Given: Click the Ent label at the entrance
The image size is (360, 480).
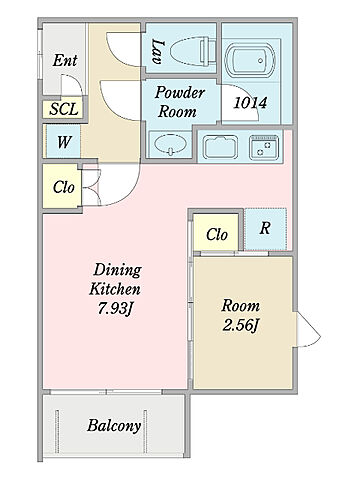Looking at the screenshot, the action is pos(65,60).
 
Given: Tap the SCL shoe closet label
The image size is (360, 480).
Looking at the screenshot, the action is pos(64,109).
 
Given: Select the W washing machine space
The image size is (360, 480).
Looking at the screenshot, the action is pos(63,141).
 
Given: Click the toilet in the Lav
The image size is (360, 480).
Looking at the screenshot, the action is pos(193,52).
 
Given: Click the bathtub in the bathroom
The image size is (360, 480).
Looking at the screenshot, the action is pos(250,60).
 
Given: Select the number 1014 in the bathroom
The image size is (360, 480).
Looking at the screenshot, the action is pos(250,103).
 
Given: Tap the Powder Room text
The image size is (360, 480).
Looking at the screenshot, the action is pos(179,102).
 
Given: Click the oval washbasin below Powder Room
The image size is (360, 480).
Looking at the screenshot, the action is pos(171,145).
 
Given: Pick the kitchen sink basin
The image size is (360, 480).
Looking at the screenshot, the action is pos(221,147).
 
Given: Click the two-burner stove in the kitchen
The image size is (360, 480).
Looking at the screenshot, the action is pos(264,147).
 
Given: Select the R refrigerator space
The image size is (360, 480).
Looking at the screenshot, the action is pos(265,229).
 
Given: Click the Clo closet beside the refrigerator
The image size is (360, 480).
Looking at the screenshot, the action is pos(216,232).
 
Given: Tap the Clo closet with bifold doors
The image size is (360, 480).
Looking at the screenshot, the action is pos(62,186).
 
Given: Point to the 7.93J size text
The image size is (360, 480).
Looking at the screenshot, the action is pos(115,309).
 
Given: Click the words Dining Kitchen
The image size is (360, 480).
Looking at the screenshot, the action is pos(115,279).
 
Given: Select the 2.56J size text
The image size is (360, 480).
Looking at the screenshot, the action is pos(240,325).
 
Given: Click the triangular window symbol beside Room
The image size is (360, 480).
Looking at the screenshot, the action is pos(309,330).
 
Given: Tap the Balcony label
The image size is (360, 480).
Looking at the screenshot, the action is pos(114,425).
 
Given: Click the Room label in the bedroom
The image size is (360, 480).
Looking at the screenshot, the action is pos(240,306).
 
